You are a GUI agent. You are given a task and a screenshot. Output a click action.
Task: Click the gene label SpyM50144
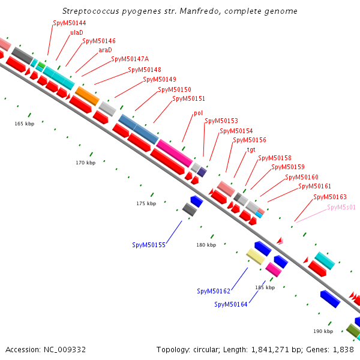(69, 23)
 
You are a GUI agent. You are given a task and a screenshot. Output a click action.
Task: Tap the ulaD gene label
(77, 32)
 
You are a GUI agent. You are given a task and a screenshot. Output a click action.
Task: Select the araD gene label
(105, 50)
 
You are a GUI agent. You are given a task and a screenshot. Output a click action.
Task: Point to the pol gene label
(198, 113)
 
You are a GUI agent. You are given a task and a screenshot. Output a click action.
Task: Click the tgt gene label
(251, 149)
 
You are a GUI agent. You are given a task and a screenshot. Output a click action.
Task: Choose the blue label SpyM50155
(149, 245)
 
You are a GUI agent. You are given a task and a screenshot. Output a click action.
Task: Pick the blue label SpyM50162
(214, 291)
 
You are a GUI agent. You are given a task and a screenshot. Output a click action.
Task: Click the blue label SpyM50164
(231, 304)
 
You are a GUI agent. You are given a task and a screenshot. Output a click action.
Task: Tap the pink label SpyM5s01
(341, 207)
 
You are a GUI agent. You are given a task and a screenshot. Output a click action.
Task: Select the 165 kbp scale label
(25, 124)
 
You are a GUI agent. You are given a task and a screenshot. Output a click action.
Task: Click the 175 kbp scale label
(146, 203)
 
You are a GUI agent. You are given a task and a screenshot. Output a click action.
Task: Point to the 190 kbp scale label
(323, 331)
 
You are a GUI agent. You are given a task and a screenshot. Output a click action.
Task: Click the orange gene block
(87, 95)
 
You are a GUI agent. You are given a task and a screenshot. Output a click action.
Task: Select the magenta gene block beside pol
(174, 152)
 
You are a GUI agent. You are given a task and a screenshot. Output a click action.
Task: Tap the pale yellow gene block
(256, 257)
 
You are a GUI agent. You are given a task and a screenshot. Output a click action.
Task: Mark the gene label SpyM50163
(330, 197)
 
